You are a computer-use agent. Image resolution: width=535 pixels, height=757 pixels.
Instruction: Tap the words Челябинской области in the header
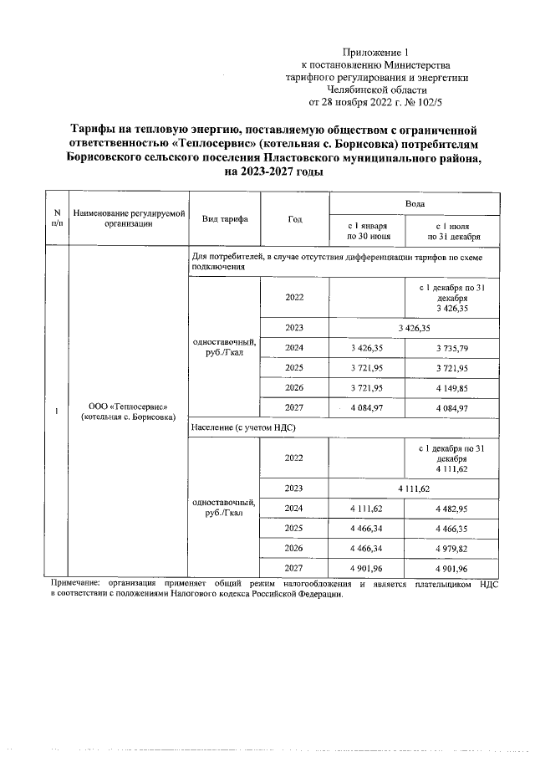[376, 90]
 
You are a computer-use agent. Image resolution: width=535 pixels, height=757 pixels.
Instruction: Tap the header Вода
[415, 203]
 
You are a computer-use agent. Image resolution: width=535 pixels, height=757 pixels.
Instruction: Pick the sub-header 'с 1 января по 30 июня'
[367, 230]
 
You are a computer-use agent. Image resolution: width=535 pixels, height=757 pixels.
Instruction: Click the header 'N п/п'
[56, 218]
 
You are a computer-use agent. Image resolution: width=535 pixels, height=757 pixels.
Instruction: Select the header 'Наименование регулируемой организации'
[129, 218]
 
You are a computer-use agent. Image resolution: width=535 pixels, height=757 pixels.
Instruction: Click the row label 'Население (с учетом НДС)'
[244, 427]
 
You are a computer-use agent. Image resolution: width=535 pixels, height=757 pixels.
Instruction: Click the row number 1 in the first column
[56, 411]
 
